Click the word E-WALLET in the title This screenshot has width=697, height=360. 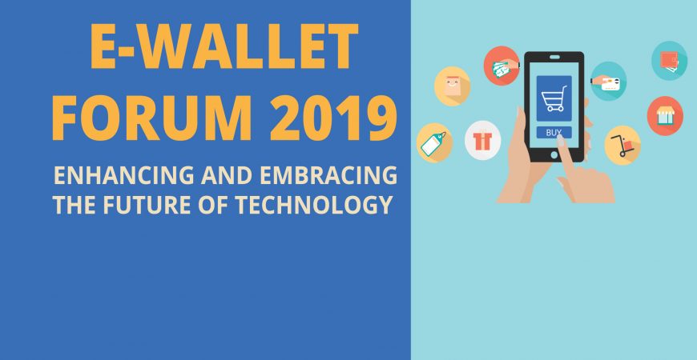224,46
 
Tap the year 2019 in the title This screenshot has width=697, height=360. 333,118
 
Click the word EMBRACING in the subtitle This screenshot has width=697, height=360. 328,176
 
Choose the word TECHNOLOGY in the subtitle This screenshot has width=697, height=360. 314,205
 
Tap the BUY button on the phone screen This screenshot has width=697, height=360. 554,132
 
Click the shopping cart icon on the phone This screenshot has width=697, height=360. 554,98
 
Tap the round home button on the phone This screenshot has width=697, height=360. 554,154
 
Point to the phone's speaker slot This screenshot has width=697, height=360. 554,57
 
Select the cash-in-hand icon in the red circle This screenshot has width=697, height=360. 502,66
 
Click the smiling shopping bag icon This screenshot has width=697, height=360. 452,86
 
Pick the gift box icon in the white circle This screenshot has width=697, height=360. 483,140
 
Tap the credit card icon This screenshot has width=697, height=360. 608,82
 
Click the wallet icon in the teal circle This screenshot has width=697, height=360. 670,61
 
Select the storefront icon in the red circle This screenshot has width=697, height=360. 665,116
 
